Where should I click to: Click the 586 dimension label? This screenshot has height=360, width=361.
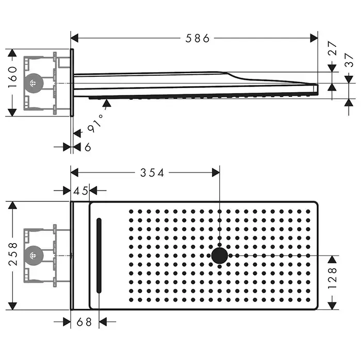tap(199, 38)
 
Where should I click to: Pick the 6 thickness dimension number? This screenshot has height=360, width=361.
tap(88, 147)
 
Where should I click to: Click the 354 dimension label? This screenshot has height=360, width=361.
tap(153, 173)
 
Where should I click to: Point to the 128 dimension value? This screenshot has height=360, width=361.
tap(333, 278)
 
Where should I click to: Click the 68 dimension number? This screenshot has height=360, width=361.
tap(85, 322)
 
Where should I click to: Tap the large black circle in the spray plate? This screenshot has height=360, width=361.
tap(220, 255)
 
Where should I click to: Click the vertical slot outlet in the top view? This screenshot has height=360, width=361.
tap(99, 255)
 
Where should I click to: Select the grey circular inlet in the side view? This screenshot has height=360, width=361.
tap(34, 82)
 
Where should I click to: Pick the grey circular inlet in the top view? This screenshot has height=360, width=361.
tap(34, 255)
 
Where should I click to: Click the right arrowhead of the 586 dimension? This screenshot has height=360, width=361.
tap(314, 38)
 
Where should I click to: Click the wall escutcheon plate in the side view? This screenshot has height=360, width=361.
tap(72, 82)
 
